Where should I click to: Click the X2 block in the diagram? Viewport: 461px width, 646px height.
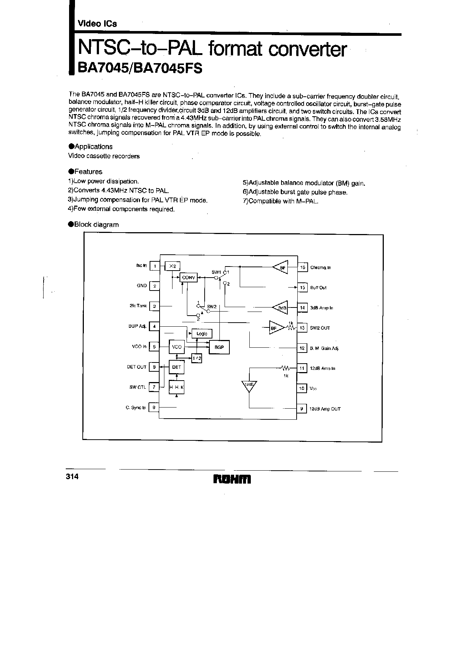(172, 266)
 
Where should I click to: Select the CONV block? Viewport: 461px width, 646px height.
(188, 278)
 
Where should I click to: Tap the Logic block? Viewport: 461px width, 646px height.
(202, 334)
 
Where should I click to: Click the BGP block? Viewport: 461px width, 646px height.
(219, 347)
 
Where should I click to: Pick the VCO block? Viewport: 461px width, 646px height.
(177, 347)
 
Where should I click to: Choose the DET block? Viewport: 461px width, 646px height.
(177, 367)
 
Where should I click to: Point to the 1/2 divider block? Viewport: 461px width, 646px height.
(197, 358)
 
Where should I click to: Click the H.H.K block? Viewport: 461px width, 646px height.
(177, 387)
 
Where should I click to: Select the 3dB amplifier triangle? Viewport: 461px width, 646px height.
(280, 307)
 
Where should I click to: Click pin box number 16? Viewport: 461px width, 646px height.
(303, 267)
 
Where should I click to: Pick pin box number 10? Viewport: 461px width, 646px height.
(302, 388)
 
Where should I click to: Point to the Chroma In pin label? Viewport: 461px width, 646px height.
(320, 268)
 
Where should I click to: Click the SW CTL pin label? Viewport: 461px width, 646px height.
(137, 387)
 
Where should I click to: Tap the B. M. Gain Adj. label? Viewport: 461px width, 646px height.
(324, 348)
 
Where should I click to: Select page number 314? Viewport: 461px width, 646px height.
(72, 477)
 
